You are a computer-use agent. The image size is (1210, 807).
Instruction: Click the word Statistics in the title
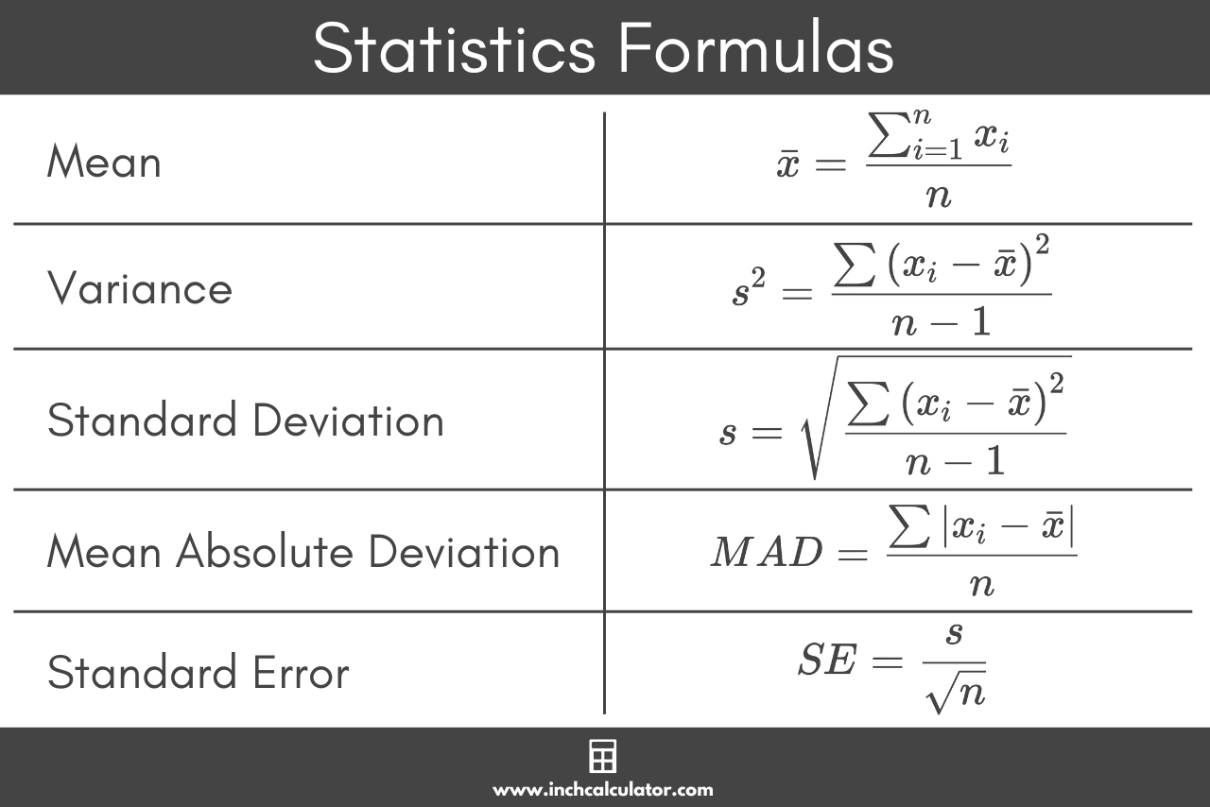454,48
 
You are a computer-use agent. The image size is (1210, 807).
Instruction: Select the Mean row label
104,163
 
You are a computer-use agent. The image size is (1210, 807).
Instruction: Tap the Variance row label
139,287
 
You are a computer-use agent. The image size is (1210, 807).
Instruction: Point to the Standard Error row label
198,673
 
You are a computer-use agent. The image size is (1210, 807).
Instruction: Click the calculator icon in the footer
603,757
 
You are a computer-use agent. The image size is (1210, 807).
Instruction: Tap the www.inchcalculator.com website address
603,789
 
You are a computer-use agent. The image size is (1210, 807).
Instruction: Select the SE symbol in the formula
827,661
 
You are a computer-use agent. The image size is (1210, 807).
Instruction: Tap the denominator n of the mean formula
938,196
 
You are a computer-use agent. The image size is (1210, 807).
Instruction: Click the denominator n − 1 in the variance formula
941,322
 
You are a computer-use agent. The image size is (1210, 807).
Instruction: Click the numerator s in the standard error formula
954,633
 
